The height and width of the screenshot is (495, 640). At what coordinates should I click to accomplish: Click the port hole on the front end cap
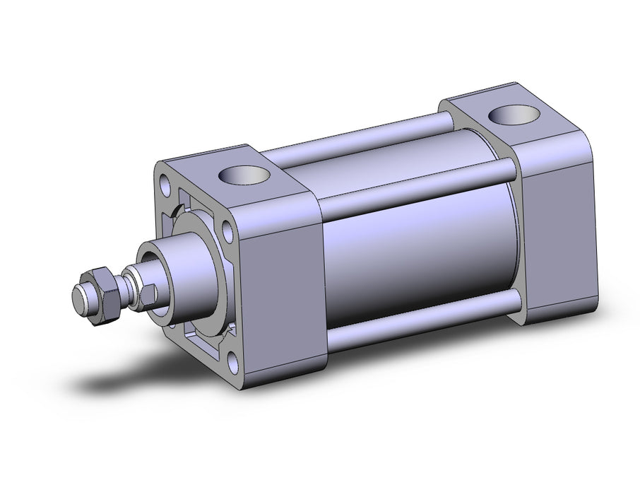point(243,172)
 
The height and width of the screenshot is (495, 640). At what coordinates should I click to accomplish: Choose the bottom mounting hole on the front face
point(233,363)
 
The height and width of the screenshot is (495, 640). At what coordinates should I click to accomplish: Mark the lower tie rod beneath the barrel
point(424,327)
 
